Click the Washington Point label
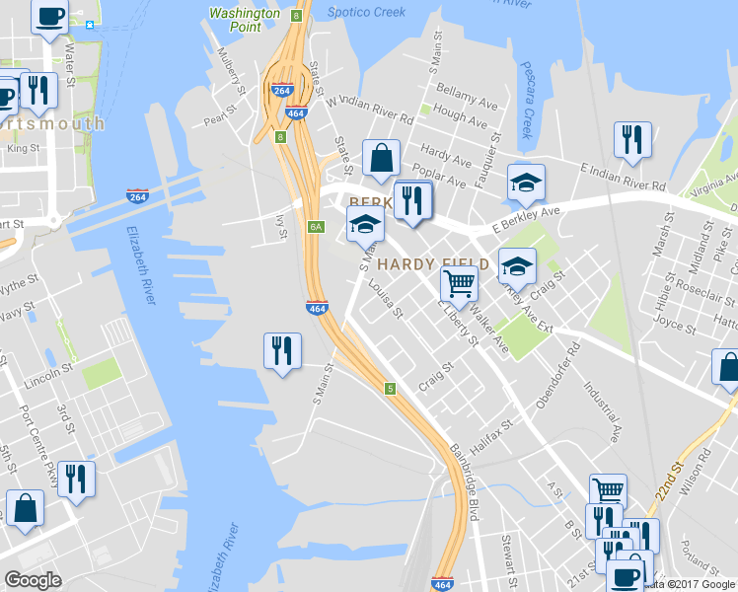click(245, 20)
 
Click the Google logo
click(33, 579)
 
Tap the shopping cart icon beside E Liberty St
click(459, 284)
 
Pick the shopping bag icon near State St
click(381, 158)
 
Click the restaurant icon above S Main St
click(282, 350)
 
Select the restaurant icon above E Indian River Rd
click(631, 140)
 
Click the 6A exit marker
click(316, 227)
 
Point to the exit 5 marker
click(391, 388)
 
